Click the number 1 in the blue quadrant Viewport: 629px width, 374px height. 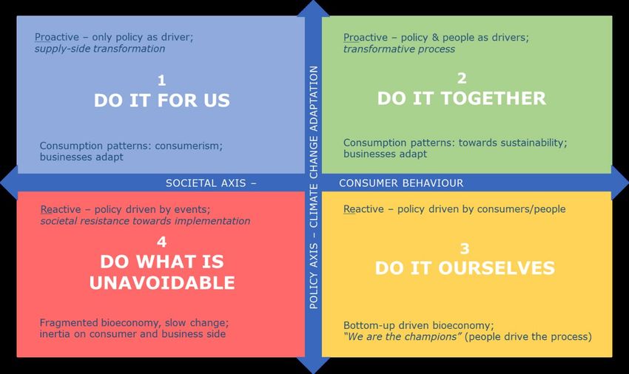click(161, 81)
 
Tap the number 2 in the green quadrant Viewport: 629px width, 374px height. click(462, 78)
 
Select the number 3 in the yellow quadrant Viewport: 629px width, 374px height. click(465, 248)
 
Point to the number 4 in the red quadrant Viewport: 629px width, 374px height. click(161, 242)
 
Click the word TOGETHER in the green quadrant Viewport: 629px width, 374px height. click(494, 98)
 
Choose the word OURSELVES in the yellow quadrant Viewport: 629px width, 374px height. click(497, 268)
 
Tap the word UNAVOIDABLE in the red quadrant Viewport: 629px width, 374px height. click(162, 282)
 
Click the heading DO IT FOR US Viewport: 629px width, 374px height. click(161, 101)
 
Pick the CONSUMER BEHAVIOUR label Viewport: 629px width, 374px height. click(401, 183)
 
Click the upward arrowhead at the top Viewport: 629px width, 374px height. click(313, 8)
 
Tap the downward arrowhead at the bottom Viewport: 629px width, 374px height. click(313, 365)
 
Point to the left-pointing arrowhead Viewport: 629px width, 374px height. click(9, 183)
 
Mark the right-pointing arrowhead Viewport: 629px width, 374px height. click(620, 183)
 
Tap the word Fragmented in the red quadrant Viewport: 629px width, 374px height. click(69, 323)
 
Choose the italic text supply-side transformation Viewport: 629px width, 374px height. click(100, 49)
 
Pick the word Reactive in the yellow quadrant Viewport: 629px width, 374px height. click(363, 209)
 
